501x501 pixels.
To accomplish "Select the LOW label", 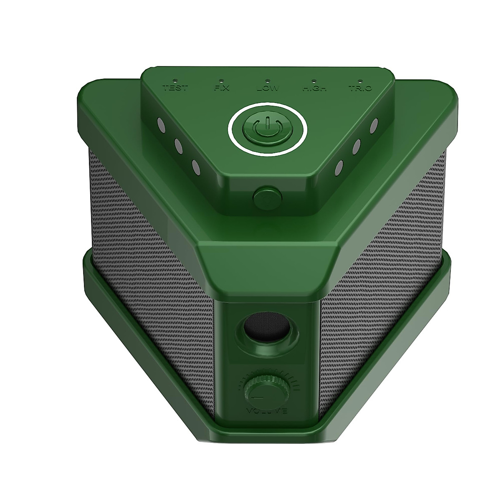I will point(268,88).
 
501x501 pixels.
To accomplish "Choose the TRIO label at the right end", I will point(359,88).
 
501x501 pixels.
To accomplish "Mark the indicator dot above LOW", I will point(268,79).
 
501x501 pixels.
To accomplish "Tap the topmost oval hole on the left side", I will point(160,124).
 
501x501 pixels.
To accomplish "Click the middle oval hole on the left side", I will point(177,146).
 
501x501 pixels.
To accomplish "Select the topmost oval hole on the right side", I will point(374,124).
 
